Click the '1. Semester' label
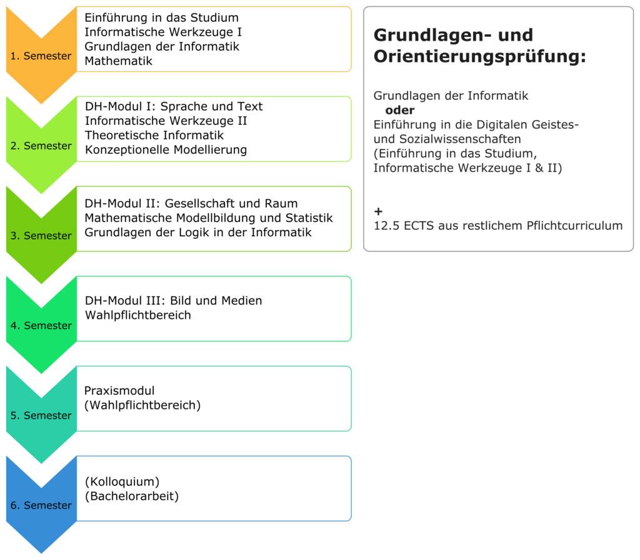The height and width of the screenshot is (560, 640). pyautogui.click(x=41, y=56)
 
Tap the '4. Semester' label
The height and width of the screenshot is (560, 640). pyautogui.click(x=41, y=326)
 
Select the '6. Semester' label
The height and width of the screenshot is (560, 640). pyautogui.click(x=41, y=505)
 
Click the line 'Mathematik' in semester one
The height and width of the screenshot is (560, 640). pyautogui.click(x=118, y=61)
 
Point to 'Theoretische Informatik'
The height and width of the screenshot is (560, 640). pyautogui.click(x=154, y=135)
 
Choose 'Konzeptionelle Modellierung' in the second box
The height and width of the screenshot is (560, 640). pyautogui.click(x=166, y=150)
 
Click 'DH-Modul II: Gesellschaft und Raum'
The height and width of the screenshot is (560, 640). pyautogui.click(x=191, y=203)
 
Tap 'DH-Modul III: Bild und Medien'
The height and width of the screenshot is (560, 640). pyautogui.click(x=174, y=301)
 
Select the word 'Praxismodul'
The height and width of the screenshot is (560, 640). pyautogui.click(x=119, y=391)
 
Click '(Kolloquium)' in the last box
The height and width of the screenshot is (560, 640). pyautogui.click(x=122, y=482)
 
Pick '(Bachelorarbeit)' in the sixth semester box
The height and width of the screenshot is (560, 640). pyautogui.click(x=132, y=496)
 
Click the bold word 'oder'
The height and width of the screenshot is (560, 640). pyautogui.click(x=399, y=110)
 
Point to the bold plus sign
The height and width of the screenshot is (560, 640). pyautogui.click(x=378, y=211)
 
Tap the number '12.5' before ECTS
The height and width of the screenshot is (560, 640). pyautogui.click(x=387, y=226)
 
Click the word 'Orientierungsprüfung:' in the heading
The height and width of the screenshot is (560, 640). pyautogui.click(x=479, y=57)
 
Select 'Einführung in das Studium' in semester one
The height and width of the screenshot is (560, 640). pyautogui.click(x=162, y=18)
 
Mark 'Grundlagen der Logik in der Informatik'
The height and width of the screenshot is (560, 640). pyautogui.click(x=198, y=232)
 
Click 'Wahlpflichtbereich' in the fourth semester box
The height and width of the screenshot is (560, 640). pyautogui.click(x=138, y=315)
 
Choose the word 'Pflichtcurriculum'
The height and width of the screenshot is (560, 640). pyautogui.click(x=575, y=226)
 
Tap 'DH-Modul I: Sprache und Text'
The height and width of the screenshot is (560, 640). pyautogui.click(x=174, y=106)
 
